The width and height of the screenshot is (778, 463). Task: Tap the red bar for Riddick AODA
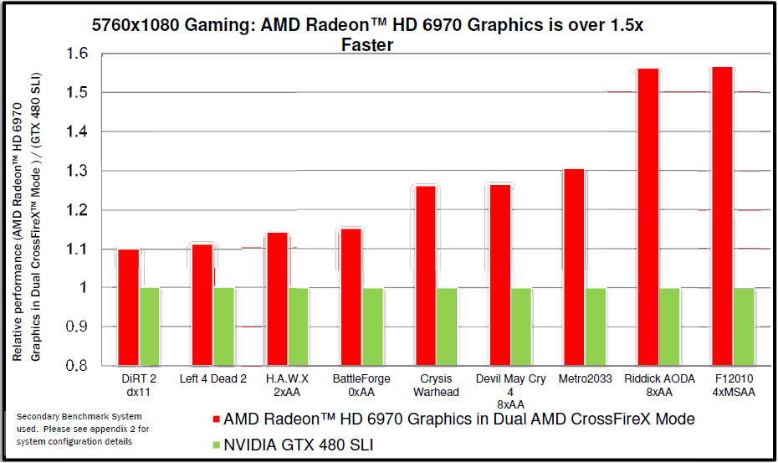[648, 217]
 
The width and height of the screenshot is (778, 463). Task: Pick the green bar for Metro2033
[595, 327]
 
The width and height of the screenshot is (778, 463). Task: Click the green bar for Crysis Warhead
[446, 327]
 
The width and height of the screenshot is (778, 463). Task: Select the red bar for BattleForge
[351, 296]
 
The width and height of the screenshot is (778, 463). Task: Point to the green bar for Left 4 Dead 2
[223, 327]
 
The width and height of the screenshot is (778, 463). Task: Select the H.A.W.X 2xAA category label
[287, 386]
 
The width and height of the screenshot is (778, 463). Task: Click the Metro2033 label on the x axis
[586, 379]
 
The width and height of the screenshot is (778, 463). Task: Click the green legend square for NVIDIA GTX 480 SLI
[215, 445]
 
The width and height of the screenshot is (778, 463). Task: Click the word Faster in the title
[367, 45]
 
